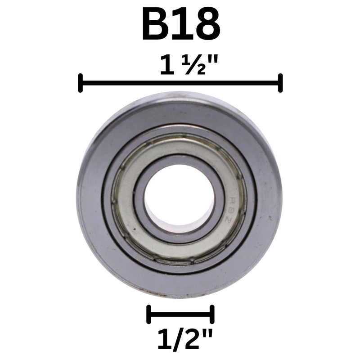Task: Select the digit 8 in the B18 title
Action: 205,25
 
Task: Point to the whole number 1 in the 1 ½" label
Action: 166,66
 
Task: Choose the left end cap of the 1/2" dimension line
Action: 148,314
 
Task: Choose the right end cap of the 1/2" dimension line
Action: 212,314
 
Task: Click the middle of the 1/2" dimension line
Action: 180,314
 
